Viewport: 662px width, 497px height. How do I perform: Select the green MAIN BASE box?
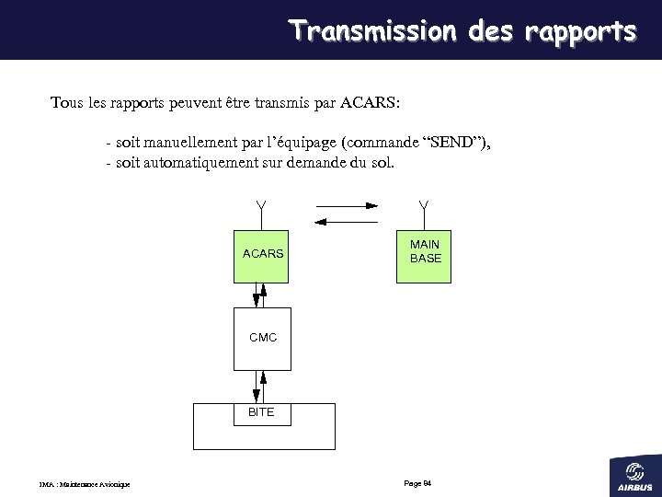point(424,256)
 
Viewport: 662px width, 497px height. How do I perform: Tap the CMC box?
point(262,339)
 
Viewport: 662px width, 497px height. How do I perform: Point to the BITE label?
point(261,412)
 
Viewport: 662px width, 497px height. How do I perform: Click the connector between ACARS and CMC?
point(260,295)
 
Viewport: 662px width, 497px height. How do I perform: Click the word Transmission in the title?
point(372,31)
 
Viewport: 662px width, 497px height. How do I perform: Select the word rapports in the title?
point(580,31)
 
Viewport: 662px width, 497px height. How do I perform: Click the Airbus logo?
point(634,474)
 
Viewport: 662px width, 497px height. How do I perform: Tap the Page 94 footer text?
point(418,483)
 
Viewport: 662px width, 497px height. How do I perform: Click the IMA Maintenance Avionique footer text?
point(85,485)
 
